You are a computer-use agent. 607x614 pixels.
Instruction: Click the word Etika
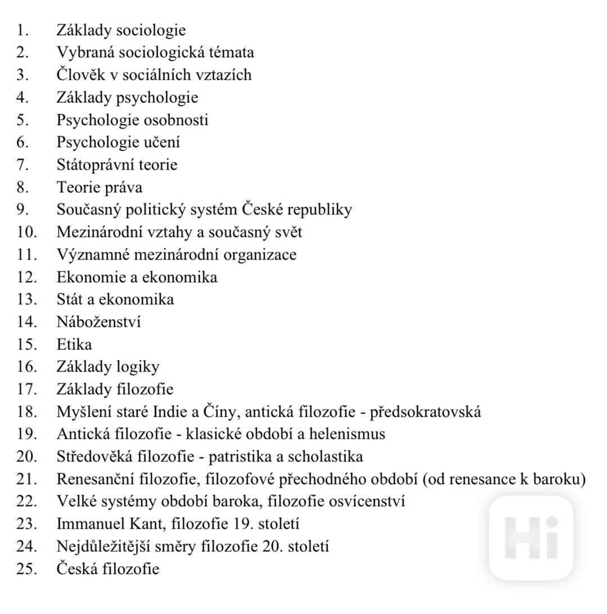point(74,344)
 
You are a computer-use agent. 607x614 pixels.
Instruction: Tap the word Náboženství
point(98,322)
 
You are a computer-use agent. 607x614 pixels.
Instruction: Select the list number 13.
point(26,299)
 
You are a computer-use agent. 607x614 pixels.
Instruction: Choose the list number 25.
point(26,568)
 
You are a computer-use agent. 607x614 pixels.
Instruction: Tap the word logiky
point(138,367)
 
